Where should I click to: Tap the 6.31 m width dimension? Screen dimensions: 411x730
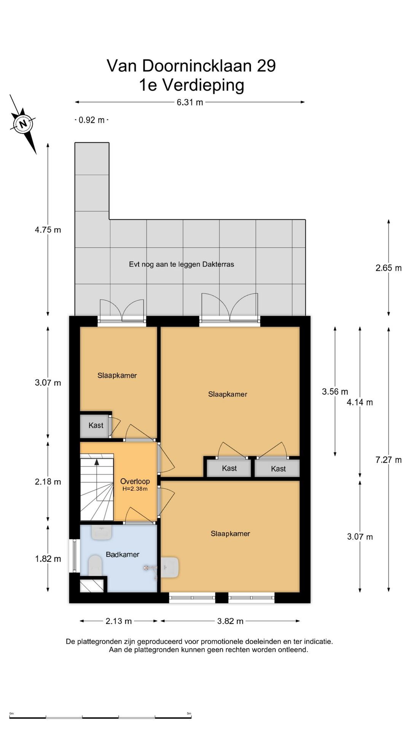click(x=190, y=102)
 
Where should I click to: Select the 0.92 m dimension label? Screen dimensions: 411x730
click(x=91, y=120)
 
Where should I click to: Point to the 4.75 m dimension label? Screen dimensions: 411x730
click(x=48, y=230)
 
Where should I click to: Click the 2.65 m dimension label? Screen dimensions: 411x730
click(x=389, y=268)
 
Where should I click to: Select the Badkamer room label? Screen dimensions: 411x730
click(x=123, y=555)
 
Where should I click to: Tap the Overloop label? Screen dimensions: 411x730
click(x=135, y=481)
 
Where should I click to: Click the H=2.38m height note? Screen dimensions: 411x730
click(x=135, y=489)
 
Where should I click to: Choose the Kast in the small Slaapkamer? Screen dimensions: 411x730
click(x=96, y=425)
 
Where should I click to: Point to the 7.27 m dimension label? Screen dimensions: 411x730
click(x=389, y=460)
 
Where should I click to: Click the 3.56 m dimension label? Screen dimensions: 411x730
click(x=335, y=392)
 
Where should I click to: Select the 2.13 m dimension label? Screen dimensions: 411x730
click(x=119, y=621)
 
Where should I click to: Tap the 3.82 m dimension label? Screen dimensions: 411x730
click(x=230, y=621)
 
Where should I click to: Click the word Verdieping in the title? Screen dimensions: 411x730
click(x=203, y=85)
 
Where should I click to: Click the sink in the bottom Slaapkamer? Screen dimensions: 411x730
click(x=170, y=567)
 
